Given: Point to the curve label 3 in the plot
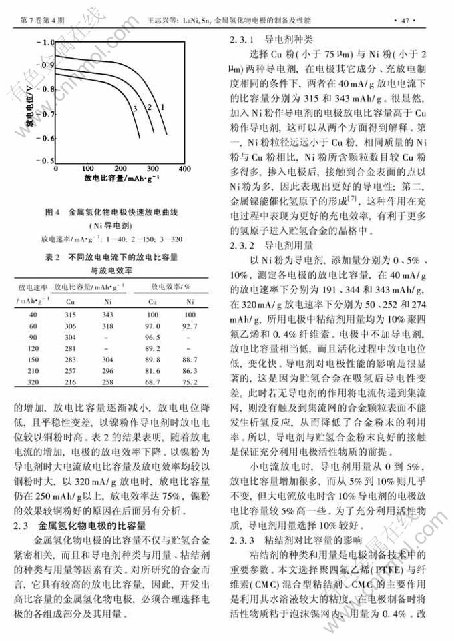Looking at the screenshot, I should coord(135,108).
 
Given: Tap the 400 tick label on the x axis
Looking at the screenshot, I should coord(185,168).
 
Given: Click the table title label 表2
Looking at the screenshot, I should coord(53,257).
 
